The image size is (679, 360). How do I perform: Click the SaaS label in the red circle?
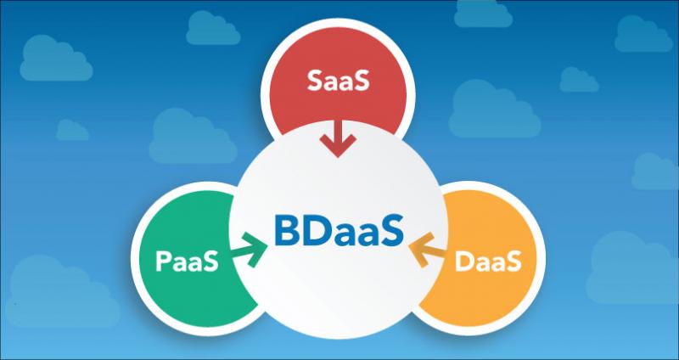338,81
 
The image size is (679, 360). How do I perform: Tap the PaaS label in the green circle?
187,262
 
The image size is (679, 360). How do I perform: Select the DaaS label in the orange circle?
487,262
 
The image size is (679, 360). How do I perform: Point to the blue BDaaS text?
339,231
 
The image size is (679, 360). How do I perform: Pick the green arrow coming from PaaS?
250,250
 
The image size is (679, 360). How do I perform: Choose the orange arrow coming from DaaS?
427,250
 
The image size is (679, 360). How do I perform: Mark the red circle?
338,78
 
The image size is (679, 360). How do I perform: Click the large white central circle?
338,229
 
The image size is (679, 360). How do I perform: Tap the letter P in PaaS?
163,262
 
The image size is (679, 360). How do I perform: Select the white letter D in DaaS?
464,262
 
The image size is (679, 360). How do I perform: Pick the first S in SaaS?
314,81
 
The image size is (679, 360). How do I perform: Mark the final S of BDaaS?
393,231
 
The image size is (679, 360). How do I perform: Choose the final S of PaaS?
210,262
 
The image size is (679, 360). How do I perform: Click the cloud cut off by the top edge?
483,13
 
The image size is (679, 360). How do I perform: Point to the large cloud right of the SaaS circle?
495,109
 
